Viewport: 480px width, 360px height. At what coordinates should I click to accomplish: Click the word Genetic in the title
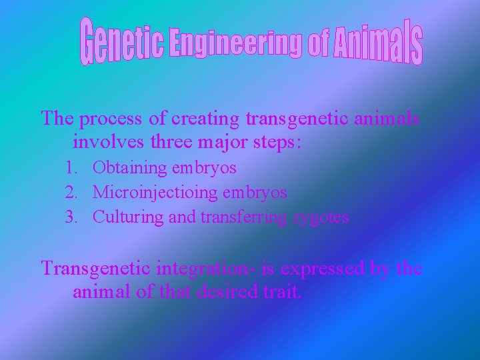pyautogui.click(x=123, y=42)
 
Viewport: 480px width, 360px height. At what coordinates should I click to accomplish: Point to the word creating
pyautogui.click(x=206, y=119)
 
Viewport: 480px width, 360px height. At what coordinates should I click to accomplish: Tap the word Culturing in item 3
pyautogui.click(x=128, y=217)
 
